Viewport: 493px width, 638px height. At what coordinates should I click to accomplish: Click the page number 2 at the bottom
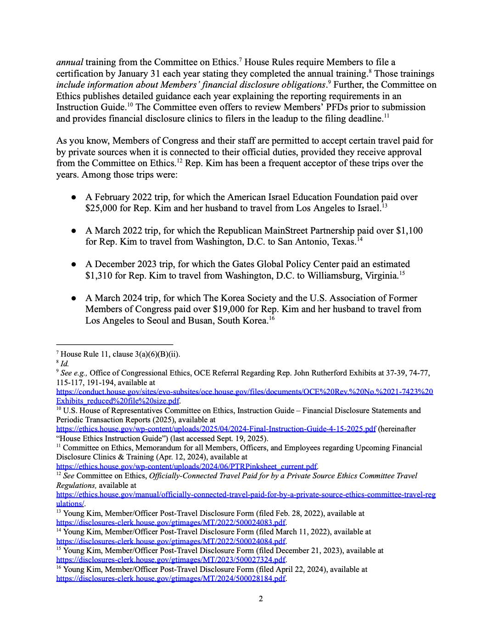pos(261,599)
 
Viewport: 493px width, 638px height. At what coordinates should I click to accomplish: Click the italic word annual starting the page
pos(69,62)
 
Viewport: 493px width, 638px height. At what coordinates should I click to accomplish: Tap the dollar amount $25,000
pos(101,208)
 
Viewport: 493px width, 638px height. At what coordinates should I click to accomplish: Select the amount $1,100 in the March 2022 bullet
pos(409,230)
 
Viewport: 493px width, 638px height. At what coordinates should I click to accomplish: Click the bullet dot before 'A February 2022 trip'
pos(73,197)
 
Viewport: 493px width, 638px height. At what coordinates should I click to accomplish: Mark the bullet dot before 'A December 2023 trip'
pos(73,264)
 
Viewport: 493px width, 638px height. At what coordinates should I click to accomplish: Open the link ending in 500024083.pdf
pos(171,522)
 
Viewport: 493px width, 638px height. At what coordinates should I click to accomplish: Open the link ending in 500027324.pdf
pos(171,560)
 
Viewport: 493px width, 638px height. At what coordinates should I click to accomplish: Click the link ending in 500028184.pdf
pos(171,578)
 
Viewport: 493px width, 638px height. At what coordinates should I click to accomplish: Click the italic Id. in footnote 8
pos(65,364)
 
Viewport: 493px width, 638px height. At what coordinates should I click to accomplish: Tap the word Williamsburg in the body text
pos(336,275)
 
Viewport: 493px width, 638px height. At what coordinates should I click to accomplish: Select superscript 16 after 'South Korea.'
pos(272,318)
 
